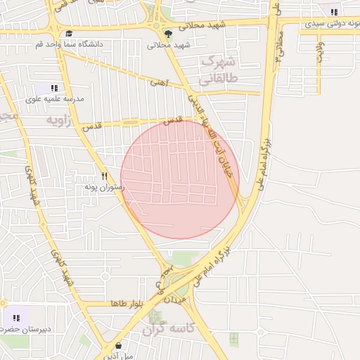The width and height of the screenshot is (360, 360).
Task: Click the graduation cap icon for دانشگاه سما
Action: tap(69, 33)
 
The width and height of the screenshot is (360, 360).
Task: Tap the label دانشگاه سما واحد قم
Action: tap(69, 44)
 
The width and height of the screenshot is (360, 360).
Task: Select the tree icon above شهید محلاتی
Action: tap(167, 33)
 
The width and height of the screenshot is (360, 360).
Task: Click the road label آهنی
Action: tap(159, 82)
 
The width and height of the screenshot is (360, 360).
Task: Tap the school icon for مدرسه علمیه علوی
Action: tap(54, 88)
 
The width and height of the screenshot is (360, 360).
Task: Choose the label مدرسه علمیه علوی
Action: tap(55, 99)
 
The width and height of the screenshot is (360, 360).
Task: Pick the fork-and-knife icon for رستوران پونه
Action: tap(104, 176)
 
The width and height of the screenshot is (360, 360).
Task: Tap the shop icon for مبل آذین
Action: tap(117, 346)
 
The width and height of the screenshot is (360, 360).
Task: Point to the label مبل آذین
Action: tap(117, 356)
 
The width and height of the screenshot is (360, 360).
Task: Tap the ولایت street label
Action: tap(320, 53)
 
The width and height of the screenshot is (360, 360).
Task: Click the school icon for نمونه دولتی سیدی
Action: tap(333, 12)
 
